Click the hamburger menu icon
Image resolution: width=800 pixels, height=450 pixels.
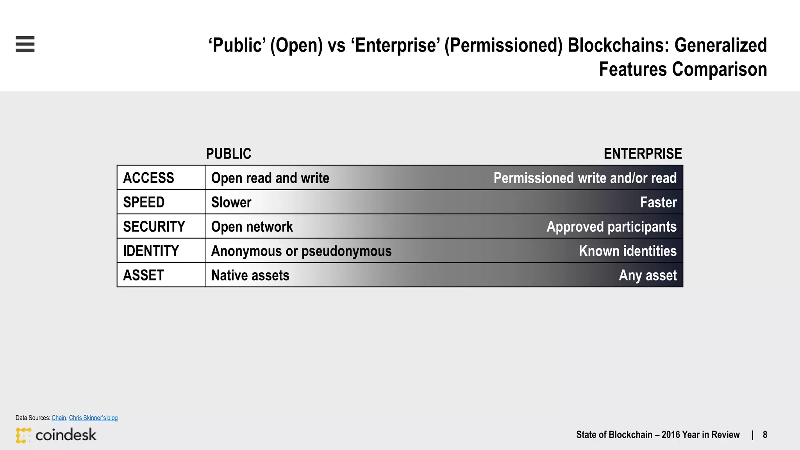25,44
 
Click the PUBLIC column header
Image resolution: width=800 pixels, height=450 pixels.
229,154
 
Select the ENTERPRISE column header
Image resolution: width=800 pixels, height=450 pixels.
643,154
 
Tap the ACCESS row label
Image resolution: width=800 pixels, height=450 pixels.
148,178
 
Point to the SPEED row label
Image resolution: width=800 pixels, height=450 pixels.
144,202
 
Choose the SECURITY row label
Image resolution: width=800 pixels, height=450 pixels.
154,227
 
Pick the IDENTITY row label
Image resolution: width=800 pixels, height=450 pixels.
151,251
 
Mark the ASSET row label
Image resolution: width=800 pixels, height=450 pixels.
143,275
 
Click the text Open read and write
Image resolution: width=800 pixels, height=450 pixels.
270,178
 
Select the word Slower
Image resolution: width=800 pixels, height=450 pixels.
231,202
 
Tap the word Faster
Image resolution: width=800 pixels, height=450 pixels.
658,202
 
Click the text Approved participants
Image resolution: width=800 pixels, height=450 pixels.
611,227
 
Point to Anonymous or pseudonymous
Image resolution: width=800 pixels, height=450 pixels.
301,251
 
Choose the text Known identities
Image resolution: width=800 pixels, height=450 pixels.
627,251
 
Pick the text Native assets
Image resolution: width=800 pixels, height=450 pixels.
250,275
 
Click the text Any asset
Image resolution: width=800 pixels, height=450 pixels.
648,275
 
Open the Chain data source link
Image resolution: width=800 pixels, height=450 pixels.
59,418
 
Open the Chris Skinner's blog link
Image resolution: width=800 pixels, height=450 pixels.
93,418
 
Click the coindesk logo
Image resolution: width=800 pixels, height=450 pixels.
56,435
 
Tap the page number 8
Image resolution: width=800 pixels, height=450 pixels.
765,435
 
